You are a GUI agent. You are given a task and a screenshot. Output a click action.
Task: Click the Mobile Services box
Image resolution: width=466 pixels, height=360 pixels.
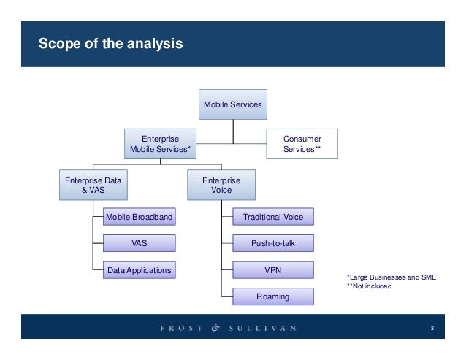(x=232, y=104)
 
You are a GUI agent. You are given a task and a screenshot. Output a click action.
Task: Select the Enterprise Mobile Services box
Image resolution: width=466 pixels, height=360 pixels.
(x=160, y=143)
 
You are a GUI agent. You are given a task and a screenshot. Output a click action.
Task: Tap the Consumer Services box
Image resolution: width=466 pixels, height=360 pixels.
(x=302, y=143)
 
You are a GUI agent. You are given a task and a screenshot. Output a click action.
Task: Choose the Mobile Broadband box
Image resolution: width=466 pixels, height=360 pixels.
(x=139, y=217)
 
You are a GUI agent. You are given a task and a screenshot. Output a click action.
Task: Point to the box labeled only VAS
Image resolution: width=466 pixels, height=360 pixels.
(x=139, y=243)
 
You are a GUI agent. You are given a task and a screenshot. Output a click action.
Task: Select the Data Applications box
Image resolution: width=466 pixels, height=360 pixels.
(x=139, y=270)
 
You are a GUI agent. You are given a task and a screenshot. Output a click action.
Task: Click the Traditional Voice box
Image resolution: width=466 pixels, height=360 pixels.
(x=272, y=217)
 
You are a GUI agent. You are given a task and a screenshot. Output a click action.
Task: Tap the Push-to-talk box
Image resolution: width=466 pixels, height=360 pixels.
(x=272, y=243)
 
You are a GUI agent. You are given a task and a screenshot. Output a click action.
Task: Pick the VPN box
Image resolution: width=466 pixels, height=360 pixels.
(x=272, y=270)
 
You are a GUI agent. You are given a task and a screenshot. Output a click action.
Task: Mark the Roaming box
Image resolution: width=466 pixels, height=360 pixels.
(x=272, y=296)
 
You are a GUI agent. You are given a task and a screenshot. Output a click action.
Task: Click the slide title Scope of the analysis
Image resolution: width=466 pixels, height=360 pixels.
(x=111, y=45)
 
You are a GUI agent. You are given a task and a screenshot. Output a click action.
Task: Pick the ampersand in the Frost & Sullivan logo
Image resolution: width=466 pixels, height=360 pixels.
(x=215, y=328)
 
